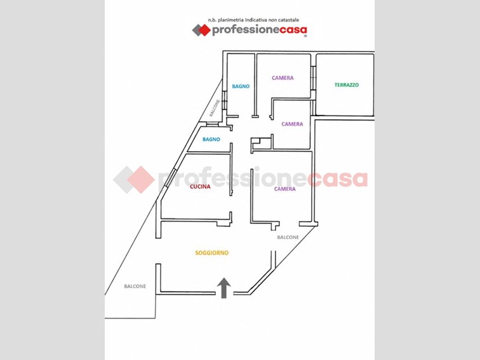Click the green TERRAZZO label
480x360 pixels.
point(347,85)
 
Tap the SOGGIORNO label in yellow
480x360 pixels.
point(212,253)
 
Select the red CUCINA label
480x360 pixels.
point(200,187)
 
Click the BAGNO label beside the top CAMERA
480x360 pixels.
point(241,86)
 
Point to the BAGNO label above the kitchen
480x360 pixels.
point(211,139)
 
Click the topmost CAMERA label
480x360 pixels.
point(283,77)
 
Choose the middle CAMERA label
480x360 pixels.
point(292,124)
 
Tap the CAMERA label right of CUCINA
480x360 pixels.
point(285,189)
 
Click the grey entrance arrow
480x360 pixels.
point(223,288)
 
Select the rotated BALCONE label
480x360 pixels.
point(215,108)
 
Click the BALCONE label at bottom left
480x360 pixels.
point(135,286)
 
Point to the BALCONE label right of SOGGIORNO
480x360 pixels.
point(288,237)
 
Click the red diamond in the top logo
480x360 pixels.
point(204,30)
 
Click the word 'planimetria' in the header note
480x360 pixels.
point(230,20)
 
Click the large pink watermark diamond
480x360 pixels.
point(141,180)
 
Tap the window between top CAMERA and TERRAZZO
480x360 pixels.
point(313,77)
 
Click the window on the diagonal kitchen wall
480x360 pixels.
point(170,177)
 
